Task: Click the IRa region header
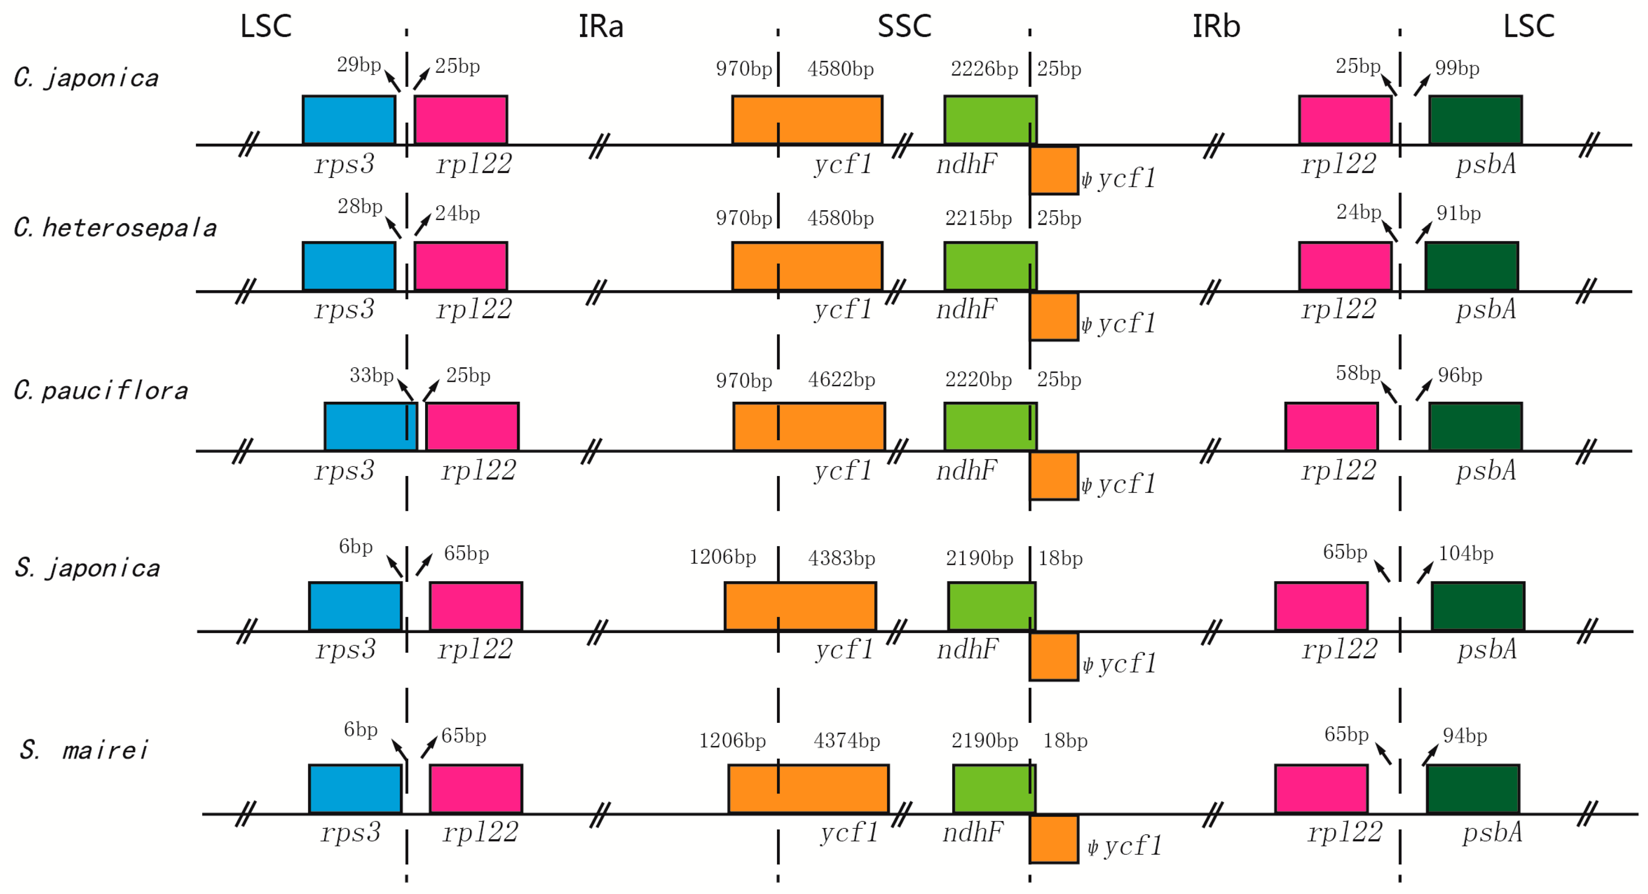pyautogui.click(x=600, y=27)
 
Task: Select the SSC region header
pyautogui.click(x=904, y=27)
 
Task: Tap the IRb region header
pyautogui.click(x=1216, y=27)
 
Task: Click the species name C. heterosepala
pyautogui.click(x=115, y=228)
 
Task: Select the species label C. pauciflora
pyautogui.click(x=101, y=390)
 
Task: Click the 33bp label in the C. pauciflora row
pyautogui.click(x=371, y=375)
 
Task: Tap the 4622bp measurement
pyautogui.click(x=841, y=380)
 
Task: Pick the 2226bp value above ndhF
pyautogui.click(x=984, y=68)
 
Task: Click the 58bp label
pyautogui.click(x=1357, y=373)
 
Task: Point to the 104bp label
pyautogui.click(x=1466, y=553)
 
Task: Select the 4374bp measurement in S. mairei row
pyautogui.click(x=846, y=740)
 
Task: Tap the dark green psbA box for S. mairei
pyautogui.click(x=1473, y=788)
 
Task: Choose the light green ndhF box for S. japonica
pyautogui.click(x=991, y=606)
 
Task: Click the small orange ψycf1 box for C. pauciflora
pyautogui.click(x=1054, y=476)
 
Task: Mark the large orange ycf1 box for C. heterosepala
pyautogui.click(x=807, y=265)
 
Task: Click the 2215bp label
pyautogui.click(x=978, y=218)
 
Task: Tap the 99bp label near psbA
pyautogui.click(x=1457, y=68)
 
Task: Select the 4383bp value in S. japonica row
pyautogui.click(x=841, y=558)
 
